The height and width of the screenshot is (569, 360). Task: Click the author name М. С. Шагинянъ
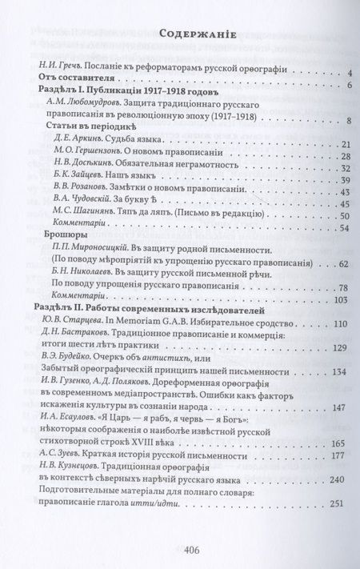point(83,216)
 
